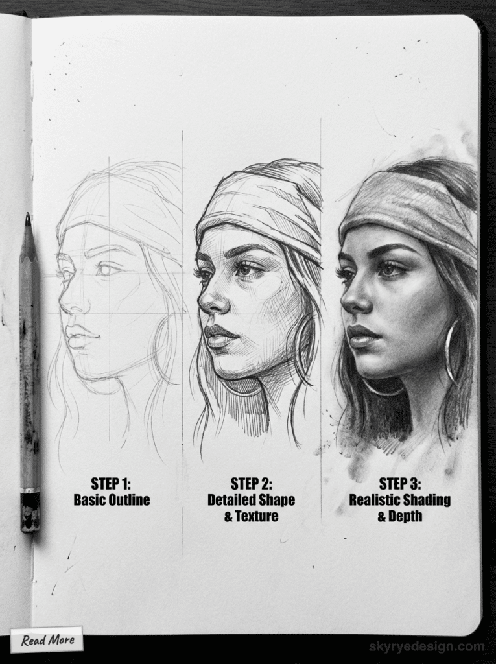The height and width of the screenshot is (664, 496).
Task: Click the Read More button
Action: (x=47, y=640)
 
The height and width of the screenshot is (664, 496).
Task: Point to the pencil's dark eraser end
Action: (x=30, y=512)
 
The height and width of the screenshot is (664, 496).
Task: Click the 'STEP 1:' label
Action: (x=112, y=484)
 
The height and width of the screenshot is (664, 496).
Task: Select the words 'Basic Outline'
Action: (x=112, y=500)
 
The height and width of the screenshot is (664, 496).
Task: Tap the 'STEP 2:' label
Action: (x=251, y=484)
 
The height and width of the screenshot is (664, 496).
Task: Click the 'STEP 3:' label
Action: (x=399, y=484)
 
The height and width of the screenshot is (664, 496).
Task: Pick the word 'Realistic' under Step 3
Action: (x=376, y=500)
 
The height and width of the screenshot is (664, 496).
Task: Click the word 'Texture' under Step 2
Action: (x=257, y=516)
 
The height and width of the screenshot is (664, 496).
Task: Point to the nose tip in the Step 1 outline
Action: (x=62, y=303)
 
